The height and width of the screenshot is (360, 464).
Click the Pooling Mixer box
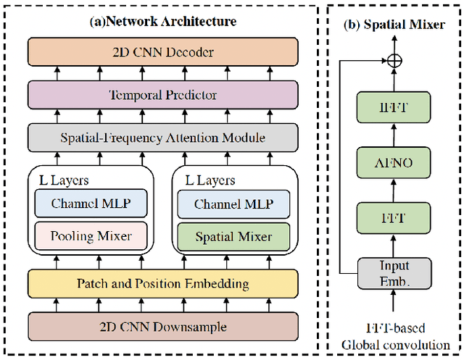pyautogui.click(x=91, y=236)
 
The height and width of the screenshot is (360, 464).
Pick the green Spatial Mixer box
pyautogui.click(x=233, y=236)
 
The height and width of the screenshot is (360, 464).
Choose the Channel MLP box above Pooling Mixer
pyautogui.click(x=91, y=204)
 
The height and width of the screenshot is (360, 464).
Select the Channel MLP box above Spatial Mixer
pyautogui.click(x=233, y=204)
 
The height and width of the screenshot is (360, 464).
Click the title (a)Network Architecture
pyautogui.click(x=162, y=21)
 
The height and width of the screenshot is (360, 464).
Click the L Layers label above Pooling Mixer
pyautogui.click(x=67, y=180)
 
